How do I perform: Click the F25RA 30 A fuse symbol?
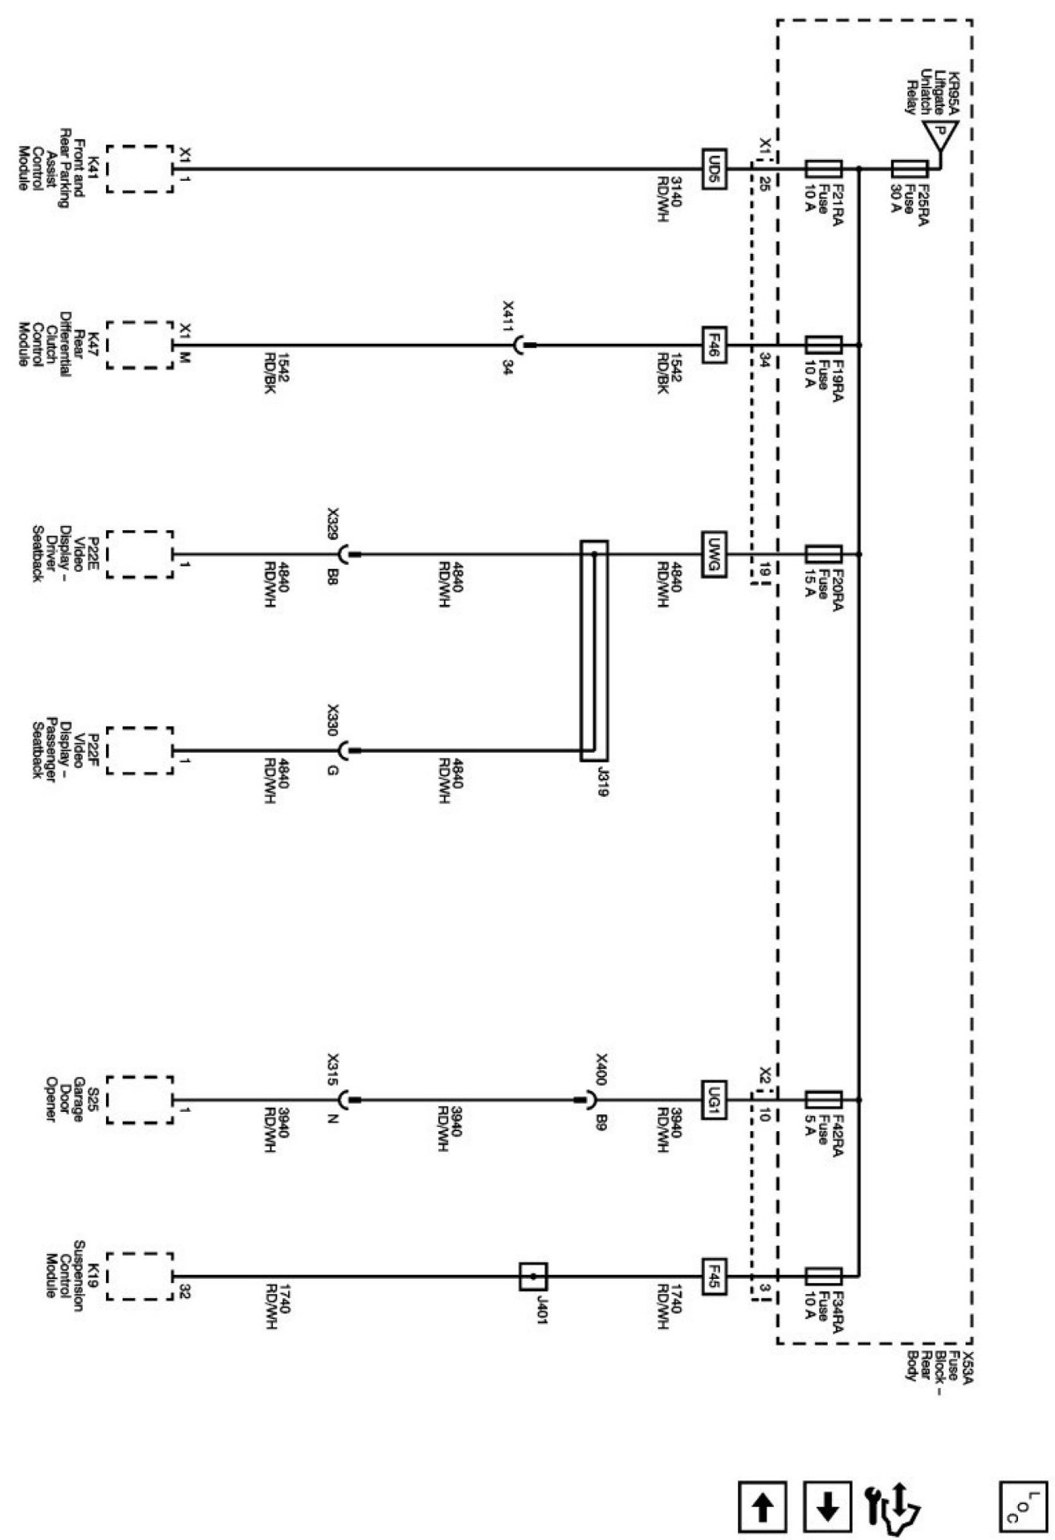(910, 169)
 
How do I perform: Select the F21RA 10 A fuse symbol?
(823, 169)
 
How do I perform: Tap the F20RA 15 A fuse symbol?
(823, 554)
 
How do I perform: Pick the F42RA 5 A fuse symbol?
(823, 1100)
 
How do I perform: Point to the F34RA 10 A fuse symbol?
(823, 1276)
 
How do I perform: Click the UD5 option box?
(714, 169)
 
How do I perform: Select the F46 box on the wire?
(714, 345)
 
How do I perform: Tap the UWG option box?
(714, 554)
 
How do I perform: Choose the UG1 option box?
(714, 1100)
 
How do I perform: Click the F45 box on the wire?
(714, 1276)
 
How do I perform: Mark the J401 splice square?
(533, 1276)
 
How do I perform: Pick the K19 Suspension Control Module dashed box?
(140, 1276)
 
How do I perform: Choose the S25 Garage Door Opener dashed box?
(140, 1100)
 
